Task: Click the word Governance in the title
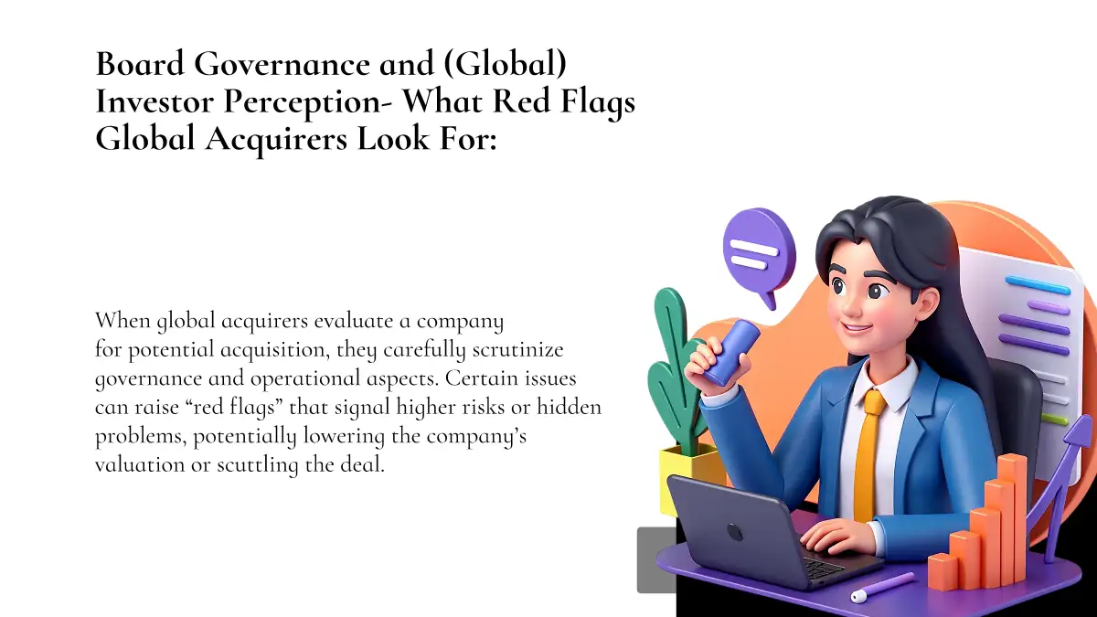[x=282, y=65]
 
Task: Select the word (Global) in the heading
[x=505, y=65]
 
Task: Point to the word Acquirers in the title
[x=276, y=140]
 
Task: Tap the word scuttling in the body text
[x=257, y=465]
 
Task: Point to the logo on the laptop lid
[x=734, y=533]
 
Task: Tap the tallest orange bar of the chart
[x=1012, y=519]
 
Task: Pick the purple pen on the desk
[x=882, y=587]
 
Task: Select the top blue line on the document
[x=1038, y=285]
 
